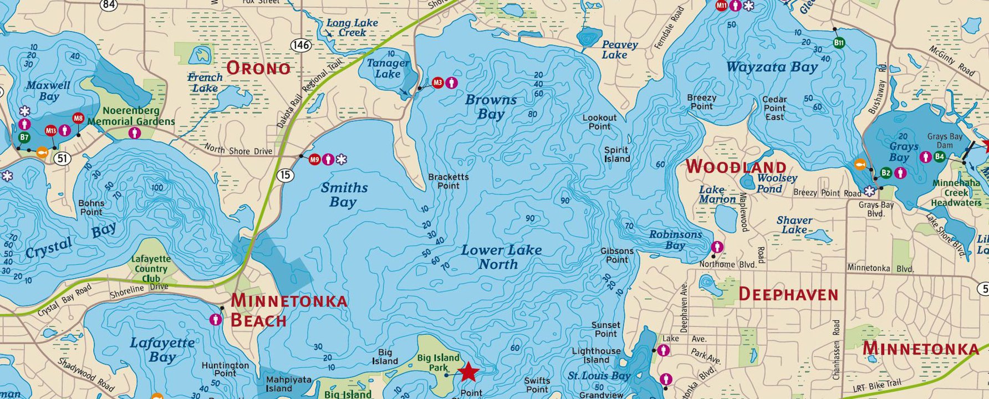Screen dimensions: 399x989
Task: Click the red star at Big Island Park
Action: point(469,372)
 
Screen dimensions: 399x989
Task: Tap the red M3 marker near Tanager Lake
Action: point(438,83)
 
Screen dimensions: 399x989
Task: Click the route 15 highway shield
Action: point(285,176)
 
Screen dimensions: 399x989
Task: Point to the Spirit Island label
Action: point(616,154)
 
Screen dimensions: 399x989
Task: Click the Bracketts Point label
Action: point(448,181)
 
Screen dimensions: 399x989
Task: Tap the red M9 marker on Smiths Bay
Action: point(315,160)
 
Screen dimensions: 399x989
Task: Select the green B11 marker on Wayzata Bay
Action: point(839,43)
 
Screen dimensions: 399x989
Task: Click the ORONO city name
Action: point(258,68)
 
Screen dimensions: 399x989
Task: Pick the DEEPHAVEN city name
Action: point(788,294)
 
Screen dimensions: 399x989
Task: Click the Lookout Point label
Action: point(599,122)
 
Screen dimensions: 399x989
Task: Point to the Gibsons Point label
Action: point(616,255)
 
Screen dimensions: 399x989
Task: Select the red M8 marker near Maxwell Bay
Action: point(78,118)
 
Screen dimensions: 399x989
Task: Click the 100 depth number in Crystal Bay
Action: point(157,188)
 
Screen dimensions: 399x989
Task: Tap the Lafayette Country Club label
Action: point(151,269)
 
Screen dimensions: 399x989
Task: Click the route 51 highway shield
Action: point(63,159)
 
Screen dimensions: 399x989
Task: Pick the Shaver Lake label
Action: point(794,224)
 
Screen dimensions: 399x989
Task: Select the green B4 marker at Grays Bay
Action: point(939,157)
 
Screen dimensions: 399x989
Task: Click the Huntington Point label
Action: point(225,369)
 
